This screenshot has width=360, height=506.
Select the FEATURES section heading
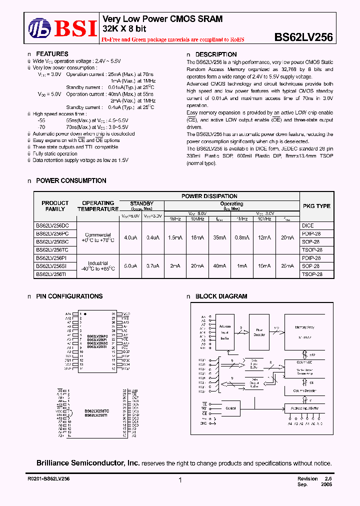pyautogui.click(x=52, y=54)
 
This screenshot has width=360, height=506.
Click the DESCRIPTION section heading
pyautogui.click(x=216, y=54)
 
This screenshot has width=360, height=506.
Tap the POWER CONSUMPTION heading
pyautogui.click(x=71, y=180)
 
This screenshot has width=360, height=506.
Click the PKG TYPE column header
pyautogui.click(x=316, y=206)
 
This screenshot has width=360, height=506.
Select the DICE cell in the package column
pyautogui.click(x=307, y=225)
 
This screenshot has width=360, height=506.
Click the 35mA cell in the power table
pyautogui.click(x=219, y=238)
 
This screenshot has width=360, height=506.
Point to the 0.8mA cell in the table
pyautogui.click(x=242, y=238)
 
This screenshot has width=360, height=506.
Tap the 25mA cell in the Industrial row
pyautogui.click(x=287, y=266)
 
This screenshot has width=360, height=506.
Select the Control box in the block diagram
pyautogui.click(x=231, y=408)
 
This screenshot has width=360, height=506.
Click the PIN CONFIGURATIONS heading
pyautogui.click(x=69, y=296)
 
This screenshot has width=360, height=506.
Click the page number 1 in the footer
pyautogui.click(x=179, y=480)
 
